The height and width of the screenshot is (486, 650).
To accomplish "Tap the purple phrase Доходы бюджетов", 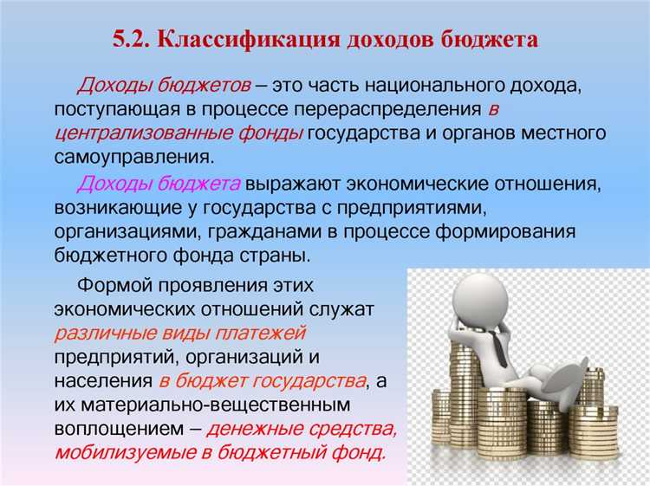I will pyautogui.click(x=165, y=87).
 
